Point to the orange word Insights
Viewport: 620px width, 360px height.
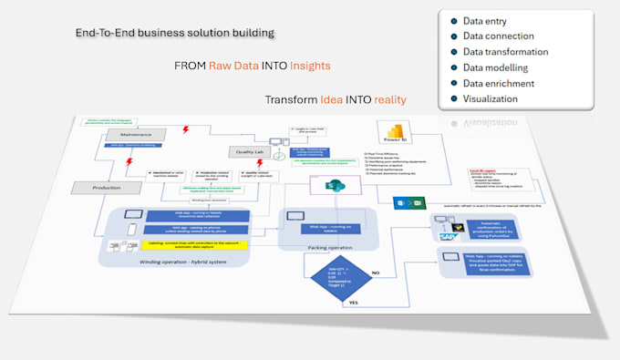306,67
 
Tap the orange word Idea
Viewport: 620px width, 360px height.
332,99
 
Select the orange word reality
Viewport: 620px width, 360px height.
390,99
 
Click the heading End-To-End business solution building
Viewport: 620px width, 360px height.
175,34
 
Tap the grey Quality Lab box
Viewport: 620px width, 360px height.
248,152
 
